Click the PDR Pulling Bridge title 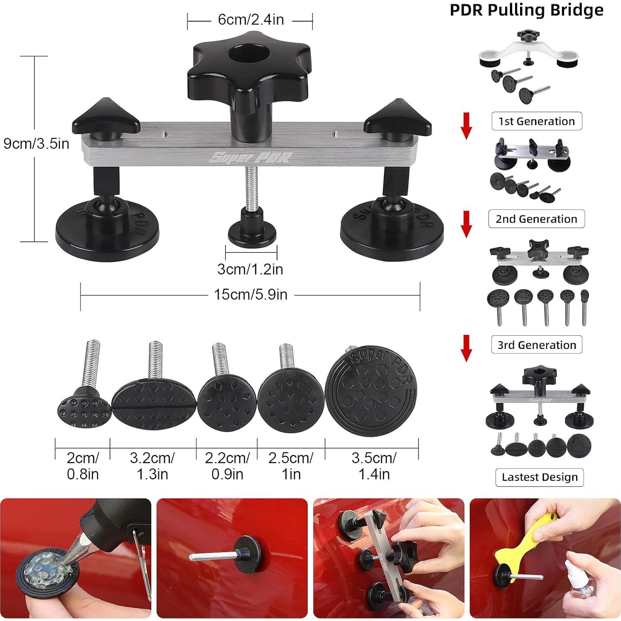[526, 10]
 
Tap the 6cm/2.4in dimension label [250, 20]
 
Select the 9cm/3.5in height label [36, 144]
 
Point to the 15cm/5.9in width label [250, 295]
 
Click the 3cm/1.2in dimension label [250, 269]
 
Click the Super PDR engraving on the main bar [250, 157]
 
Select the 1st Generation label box [536, 121]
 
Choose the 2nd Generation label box [536, 219]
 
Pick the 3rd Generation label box [536, 345]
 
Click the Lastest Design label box [539, 477]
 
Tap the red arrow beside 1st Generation [466, 125]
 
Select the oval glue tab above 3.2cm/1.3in [153, 401]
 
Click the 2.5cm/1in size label [291, 466]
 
